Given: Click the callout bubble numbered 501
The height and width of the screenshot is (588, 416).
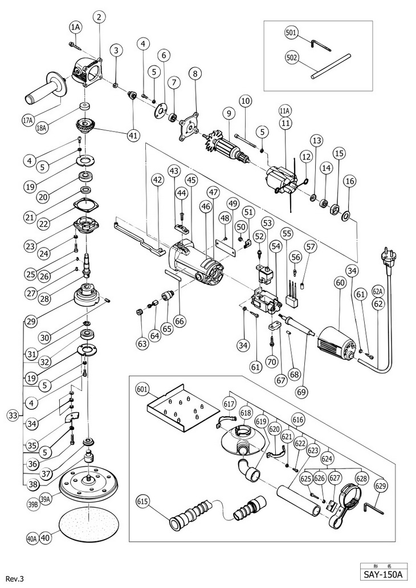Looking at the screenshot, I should (291, 33).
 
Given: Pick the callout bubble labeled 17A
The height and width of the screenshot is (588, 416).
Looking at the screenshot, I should (29, 120).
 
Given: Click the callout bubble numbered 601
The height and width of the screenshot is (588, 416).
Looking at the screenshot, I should (142, 389).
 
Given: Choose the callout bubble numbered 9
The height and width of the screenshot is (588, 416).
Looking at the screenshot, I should (229, 114).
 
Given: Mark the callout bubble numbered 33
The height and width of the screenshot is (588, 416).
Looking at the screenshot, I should (13, 416).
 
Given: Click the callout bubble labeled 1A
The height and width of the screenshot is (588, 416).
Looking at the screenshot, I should (77, 27).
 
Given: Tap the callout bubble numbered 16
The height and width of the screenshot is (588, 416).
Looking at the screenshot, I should (350, 180).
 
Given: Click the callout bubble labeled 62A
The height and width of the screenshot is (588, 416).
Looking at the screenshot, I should (377, 291).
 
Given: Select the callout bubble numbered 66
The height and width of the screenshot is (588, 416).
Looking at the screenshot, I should (180, 321).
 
